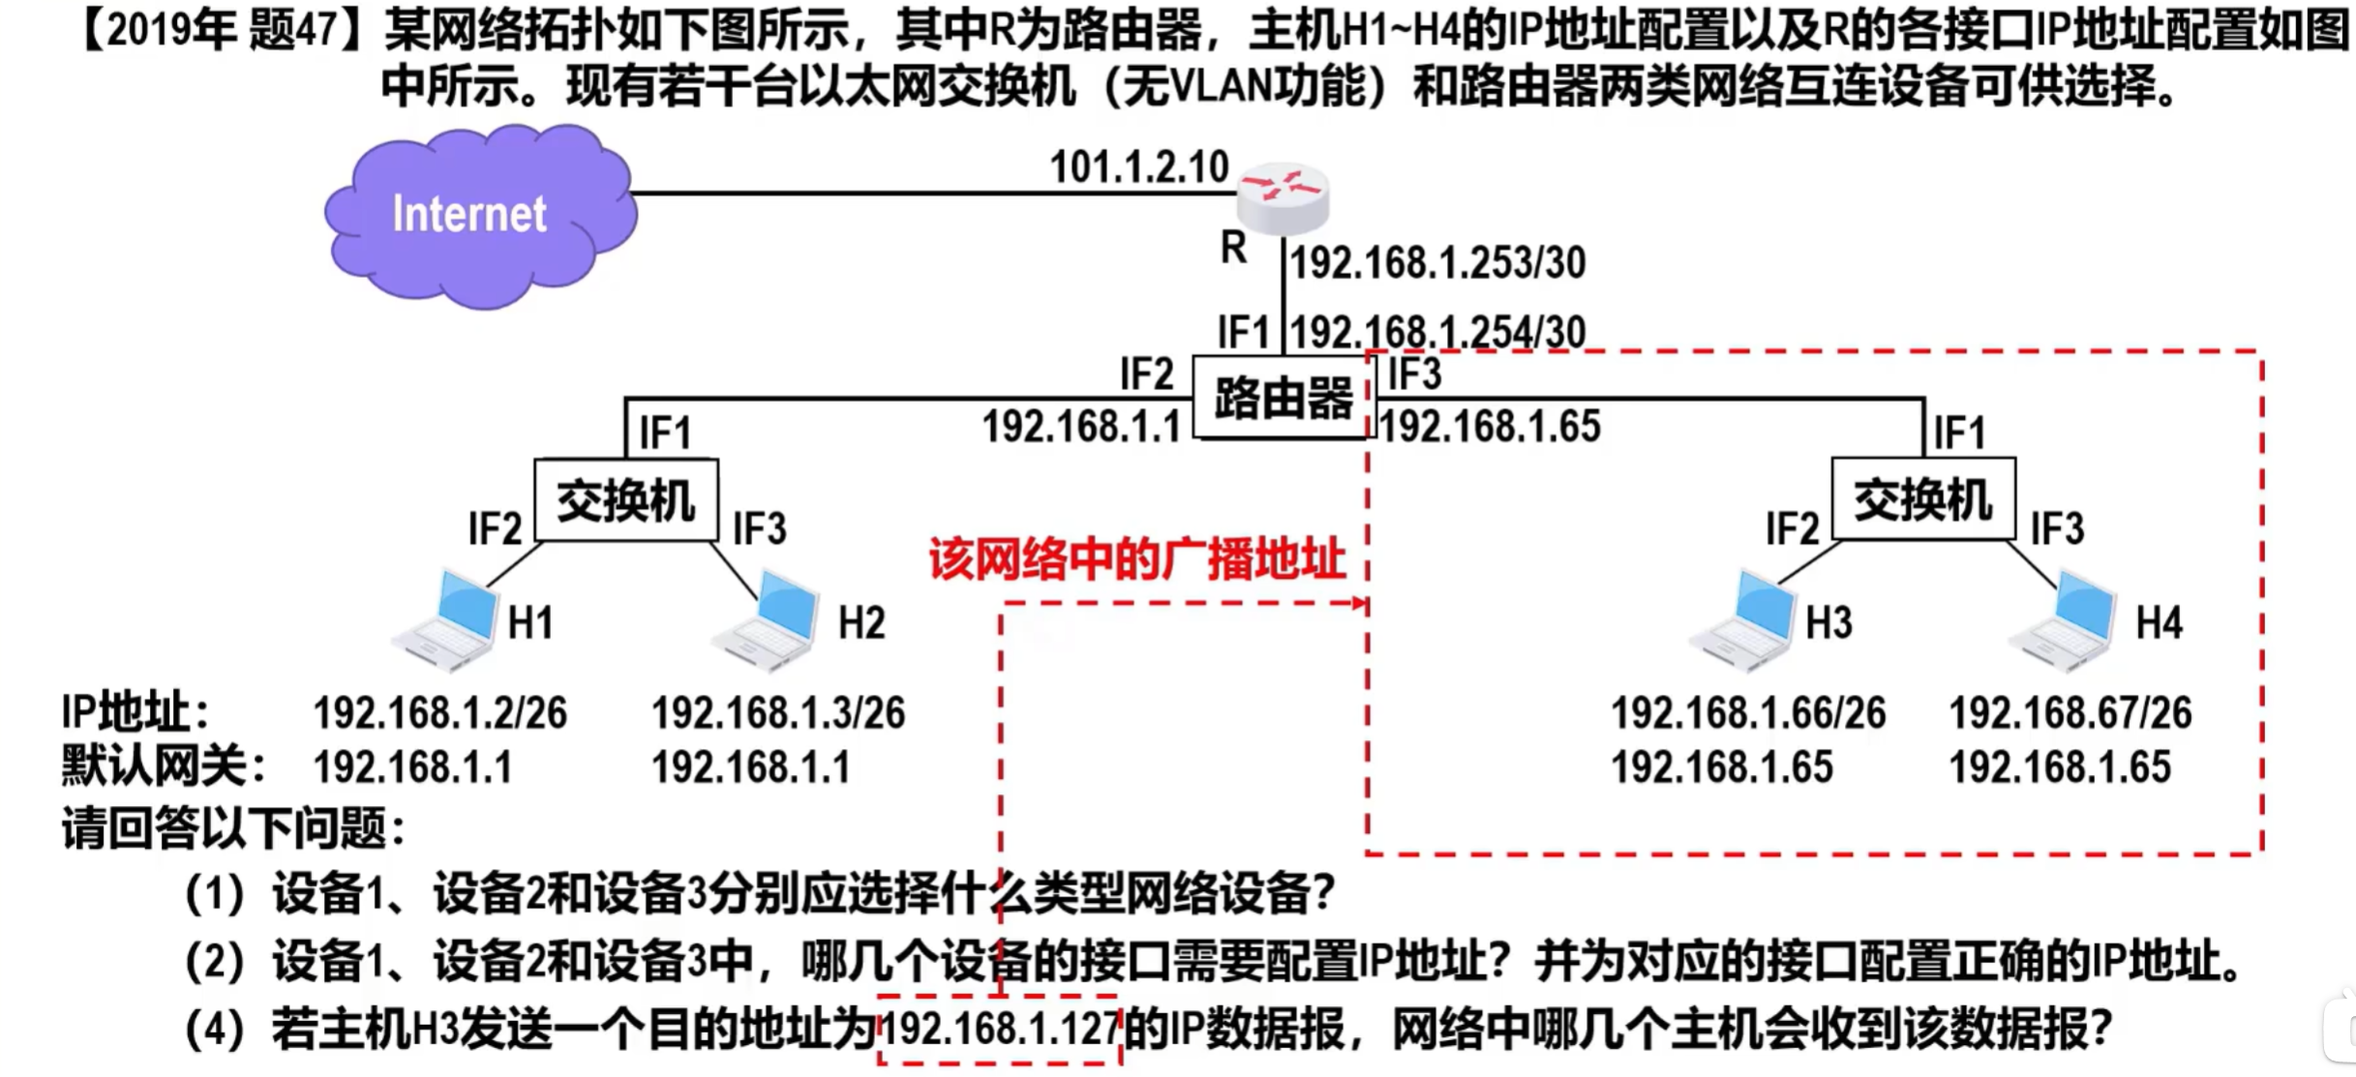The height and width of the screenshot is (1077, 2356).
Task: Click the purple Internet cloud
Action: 480,215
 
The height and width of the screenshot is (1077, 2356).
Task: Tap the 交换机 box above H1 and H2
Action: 626,500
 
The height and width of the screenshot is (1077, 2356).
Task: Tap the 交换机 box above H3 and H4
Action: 1923,500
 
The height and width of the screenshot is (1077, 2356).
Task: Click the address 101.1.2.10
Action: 1139,166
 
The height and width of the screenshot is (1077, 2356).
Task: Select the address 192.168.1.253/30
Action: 1438,263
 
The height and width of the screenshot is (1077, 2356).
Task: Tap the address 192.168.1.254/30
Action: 1438,333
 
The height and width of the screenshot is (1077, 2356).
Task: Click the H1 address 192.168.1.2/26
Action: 439,713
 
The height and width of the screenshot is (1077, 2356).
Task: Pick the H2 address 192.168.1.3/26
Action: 778,713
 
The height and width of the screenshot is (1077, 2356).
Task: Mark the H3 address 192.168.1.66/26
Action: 1748,713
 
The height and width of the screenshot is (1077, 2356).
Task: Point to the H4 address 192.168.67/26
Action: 2070,713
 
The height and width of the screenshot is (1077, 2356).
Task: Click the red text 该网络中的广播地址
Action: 1137,559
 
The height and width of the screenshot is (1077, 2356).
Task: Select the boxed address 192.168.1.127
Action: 999,1029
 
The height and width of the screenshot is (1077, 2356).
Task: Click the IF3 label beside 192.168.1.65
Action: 1414,374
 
